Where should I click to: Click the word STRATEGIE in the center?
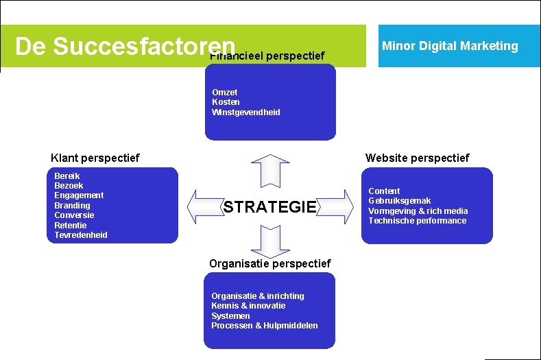click(270, 207)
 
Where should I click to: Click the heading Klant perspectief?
click(95, 158)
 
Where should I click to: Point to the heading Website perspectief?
click(417, 158)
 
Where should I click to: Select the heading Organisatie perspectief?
click(269, 263)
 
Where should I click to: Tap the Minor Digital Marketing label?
click(450, 46)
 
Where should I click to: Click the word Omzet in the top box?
click(225, 92)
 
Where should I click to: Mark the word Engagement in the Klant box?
click(79, 195)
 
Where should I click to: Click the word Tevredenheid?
click(81, 235)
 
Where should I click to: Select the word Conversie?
click(74, 215)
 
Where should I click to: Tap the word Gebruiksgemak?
click(400, 201)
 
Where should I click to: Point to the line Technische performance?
click(417, 221)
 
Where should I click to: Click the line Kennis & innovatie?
click(248, 306)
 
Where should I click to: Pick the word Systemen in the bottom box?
click(230, 316)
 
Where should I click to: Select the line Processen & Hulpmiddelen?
click(265, 326)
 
